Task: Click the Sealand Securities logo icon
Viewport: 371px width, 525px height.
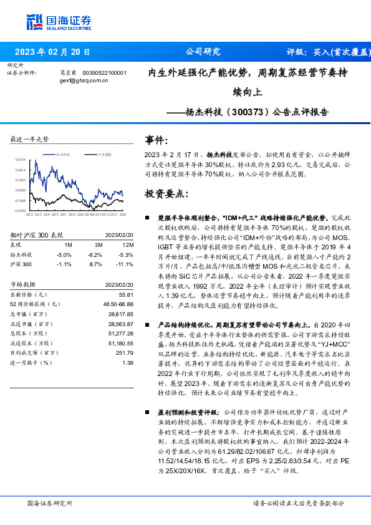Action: pyautogui.click(x=36, y=20)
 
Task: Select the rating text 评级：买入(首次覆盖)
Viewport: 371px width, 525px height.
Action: pyautogui.click(x=325, y=52)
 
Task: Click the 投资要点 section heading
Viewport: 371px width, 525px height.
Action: pyautogui.click(x=166, y=194)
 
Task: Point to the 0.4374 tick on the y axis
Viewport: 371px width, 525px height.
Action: pyautogui.click(x=21, y=159)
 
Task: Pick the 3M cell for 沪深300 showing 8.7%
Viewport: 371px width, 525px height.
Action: pyautogui.click(x=95, y=264)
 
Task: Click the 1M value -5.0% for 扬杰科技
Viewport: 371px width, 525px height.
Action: pyautogui.click(x=64, y=255)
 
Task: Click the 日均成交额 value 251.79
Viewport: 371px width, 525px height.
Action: pyautogui.click(x=125, y=352)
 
